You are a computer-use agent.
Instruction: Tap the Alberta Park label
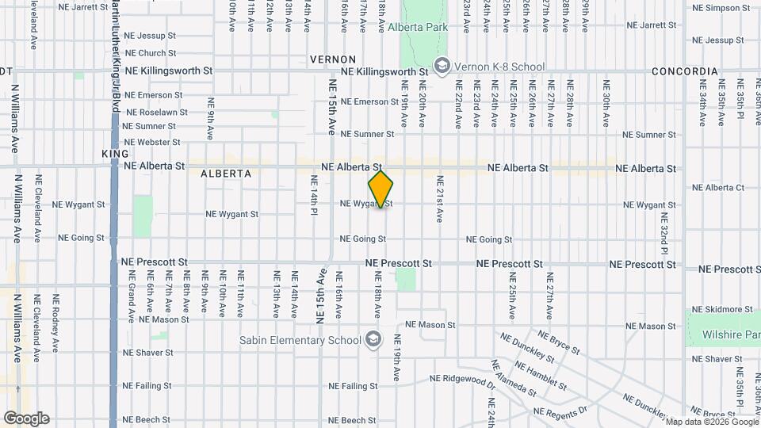click(418, 28)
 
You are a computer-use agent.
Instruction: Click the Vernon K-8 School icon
click(442, 65)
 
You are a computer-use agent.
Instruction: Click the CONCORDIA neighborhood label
click(685, 71)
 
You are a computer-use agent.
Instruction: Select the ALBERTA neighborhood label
click(226, 173)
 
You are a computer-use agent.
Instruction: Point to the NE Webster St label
click(152, 143)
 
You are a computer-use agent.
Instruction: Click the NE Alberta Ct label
click(718, 188)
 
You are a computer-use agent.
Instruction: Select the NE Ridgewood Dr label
click(462, 380)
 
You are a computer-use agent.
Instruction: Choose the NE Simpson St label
click(721, 8)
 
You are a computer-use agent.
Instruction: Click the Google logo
click(26, 418)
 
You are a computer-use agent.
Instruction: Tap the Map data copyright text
click(712, 422)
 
